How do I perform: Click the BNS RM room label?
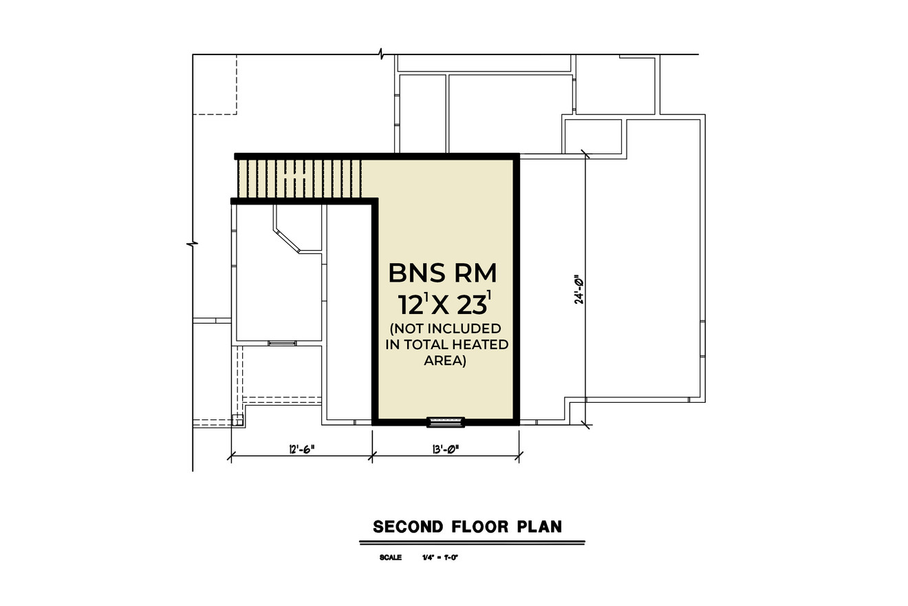442,273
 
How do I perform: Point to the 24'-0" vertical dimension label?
579,290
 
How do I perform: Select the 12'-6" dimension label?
301,449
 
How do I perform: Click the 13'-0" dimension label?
446,449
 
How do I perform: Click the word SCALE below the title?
390,558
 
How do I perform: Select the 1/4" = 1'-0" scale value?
440,558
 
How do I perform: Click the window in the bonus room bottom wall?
446,421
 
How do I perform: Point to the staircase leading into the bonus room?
299,178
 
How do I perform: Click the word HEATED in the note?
484,344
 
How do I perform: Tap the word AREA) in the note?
445,360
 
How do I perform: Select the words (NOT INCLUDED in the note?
445,328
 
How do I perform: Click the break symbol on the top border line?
381,54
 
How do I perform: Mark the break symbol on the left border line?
193,243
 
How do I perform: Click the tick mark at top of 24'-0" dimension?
585,154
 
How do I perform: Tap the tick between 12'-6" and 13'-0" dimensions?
372,454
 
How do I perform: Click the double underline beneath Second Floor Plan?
472,543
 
